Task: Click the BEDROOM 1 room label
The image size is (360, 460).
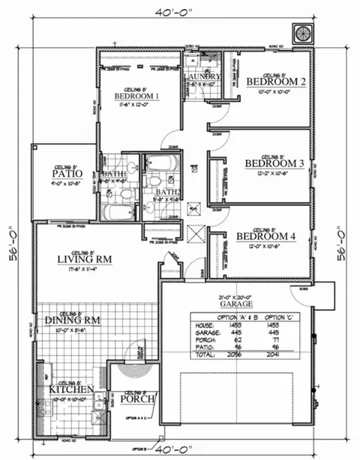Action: click(x=136, y=96)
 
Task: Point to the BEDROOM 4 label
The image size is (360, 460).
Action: click(x=266, y=237)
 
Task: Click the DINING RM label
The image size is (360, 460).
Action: click(x=73, y=320)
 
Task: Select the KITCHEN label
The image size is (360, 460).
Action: click(x=71, y=390)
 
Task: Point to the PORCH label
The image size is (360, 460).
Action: click(x=137, y=399)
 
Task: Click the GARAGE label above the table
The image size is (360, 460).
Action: click(x=235, y=305)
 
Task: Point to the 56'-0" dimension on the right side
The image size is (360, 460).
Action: click(x=344, y=243)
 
